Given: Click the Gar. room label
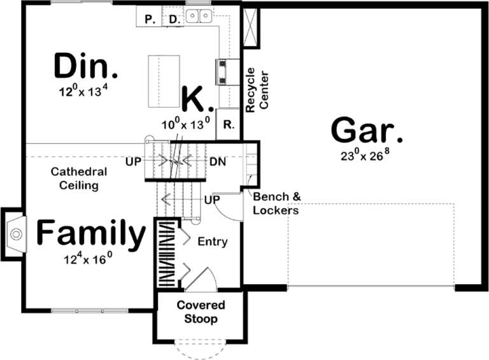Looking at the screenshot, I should (x=367, y=132).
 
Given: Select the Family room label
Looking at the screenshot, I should (x=90, y=234).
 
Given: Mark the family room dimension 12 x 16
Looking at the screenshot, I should (x=88, y=259).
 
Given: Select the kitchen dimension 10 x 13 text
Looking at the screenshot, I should (x=185, y=124).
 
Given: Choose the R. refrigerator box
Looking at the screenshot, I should (x=227, y=125).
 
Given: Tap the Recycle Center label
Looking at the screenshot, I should (x=258, y=90).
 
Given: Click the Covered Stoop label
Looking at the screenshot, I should (x=197, y=312).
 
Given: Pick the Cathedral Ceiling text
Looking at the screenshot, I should (x=79, y=178).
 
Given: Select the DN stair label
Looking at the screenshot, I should (x=218, y=161).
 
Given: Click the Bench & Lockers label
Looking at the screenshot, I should (x=276, y=203).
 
